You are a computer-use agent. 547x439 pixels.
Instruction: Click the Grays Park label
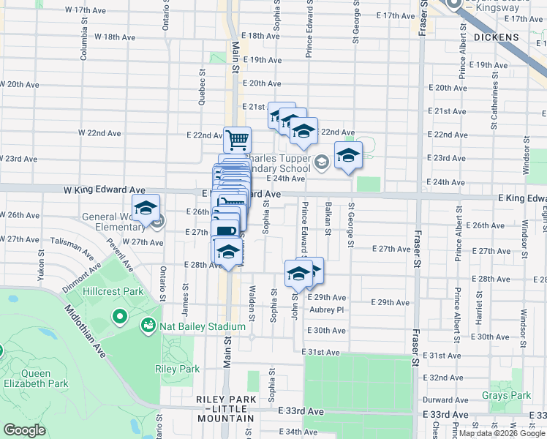[506, 396]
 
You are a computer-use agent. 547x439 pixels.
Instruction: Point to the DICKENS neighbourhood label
[496, 37]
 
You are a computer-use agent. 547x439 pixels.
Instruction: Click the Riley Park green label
[177, 369]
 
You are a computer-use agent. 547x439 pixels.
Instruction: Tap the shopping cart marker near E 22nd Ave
[237, 138]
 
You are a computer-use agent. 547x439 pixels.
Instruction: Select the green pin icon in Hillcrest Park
[120, 317]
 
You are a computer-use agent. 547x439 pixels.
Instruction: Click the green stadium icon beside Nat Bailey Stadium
[148, 324]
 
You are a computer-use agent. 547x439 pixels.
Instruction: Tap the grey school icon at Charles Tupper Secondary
[321, 161]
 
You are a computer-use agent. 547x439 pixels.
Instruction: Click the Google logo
[25, 430]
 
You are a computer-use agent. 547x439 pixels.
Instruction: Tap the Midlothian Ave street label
[86, 331]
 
